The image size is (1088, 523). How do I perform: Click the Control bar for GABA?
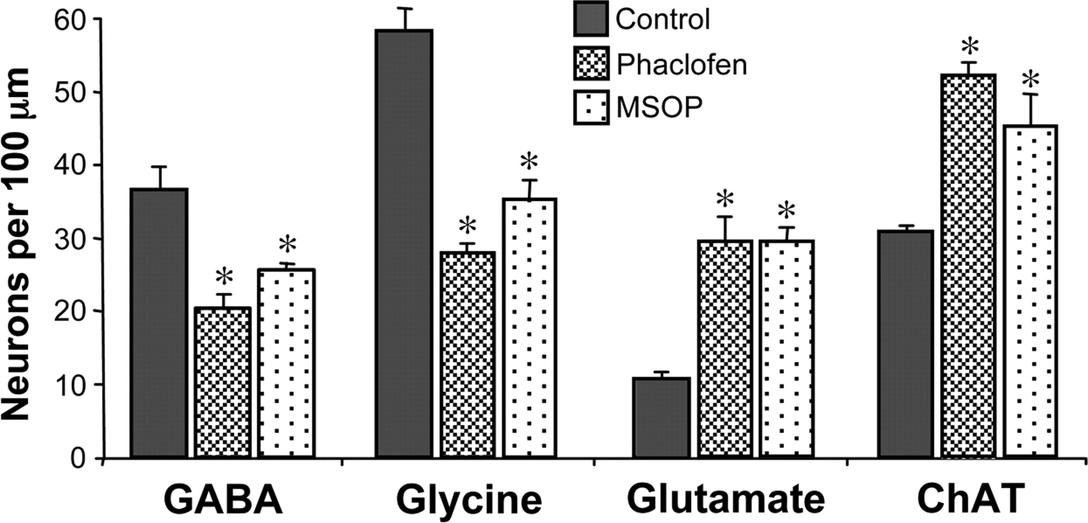(x=158, y=323)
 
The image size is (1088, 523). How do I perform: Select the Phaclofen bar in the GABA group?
(x=222, y=382)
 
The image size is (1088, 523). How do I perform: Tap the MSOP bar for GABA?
(x=286, y=363)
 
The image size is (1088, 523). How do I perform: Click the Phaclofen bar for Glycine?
(x=468, y=354)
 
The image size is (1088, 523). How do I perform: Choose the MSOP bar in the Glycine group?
(x=530, y=327)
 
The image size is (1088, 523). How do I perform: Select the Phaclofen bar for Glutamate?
(x=725, y=348)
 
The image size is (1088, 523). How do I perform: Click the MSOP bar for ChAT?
(x=1030, y=291)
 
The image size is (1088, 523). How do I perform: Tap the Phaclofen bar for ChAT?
(x=968, y=266)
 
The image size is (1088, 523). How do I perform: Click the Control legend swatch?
(x=591, y=19)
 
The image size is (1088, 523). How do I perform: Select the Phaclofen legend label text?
(x=681, y=64)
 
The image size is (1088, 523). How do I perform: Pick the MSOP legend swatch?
(x=591, y=108)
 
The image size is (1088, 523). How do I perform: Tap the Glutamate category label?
(x=725, y=499)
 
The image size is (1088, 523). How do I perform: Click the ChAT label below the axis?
(x=970, y=499)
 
